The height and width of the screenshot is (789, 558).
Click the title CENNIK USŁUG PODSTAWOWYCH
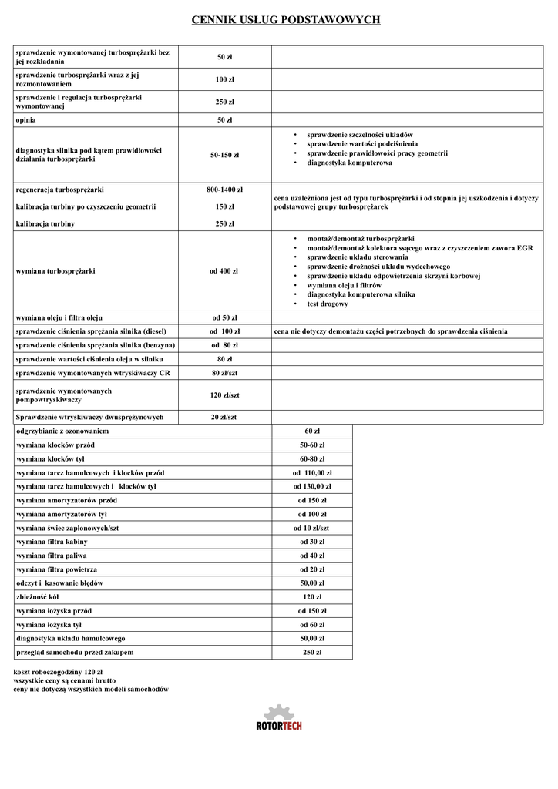[x=286, y=19]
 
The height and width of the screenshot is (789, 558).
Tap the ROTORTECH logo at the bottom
[x=279, y=717]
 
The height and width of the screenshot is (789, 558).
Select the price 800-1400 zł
[x=224, y=190]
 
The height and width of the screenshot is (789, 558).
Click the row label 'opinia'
[x=25, y=120]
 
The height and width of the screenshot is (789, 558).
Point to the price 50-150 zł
[x=224, y=155]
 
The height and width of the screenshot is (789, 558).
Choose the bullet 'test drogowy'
[x=327, y=304]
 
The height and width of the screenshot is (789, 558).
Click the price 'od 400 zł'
[x=224, y=271]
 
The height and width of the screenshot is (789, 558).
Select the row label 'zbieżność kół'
[x=38, y=597]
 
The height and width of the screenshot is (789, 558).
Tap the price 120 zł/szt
[x=224, y=395]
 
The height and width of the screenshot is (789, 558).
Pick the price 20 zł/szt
[x=224, y=417]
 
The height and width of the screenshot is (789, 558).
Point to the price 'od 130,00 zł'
[x=312, y=486]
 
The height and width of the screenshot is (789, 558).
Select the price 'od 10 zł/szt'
[x=312, y=528]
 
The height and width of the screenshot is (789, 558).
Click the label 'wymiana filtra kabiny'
[x=52, y=542]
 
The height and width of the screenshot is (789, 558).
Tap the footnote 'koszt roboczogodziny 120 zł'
[x=59, y=672]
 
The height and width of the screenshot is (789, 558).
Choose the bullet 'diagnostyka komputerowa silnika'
[x=361, y=294]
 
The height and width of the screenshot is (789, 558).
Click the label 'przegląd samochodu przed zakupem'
[x=75, y=653]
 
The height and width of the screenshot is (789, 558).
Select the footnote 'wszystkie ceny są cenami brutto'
[x=65, y=680]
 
